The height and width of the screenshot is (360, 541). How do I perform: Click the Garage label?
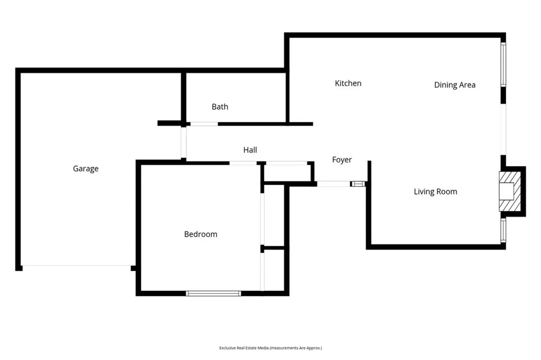[x=86, y=169]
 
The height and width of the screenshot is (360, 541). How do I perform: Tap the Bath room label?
[x=220, y=107]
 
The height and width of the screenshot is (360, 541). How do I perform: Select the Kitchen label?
[x=348, y=83]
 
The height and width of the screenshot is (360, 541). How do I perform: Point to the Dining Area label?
[x=454, y=85]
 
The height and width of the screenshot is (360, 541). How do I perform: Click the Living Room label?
[x=435, y=192]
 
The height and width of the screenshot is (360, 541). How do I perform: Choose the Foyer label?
[x=342, y=160]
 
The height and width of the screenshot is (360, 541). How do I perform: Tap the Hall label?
[x=250, y=150]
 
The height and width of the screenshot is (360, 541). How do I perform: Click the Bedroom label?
[x=200, y=234]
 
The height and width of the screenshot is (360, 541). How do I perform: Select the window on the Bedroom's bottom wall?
[x=213, y=293]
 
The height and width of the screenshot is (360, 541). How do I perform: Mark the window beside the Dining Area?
[x=503, y=64]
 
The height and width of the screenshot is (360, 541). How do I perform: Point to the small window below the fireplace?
[x=503, y=230]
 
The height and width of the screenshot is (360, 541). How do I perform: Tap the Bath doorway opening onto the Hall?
[x=204, y=124]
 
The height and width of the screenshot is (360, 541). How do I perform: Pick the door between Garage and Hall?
[x=183, y=142]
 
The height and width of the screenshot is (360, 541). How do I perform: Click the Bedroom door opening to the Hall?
[x=243, y=163]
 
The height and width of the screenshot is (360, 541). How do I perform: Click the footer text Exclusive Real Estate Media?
[x=270, y=348]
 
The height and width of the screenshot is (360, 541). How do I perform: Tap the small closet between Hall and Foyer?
[x=287, y=173]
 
